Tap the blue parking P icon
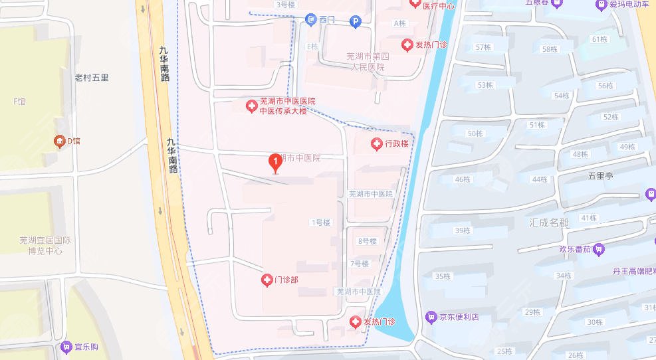(x=356, y=22)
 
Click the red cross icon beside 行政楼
(x=376, y=143)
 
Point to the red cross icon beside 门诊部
(x=267, y=280)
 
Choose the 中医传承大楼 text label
(x=282, y=111)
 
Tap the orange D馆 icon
(x=60, y=141)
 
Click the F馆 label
(x=19, y=102)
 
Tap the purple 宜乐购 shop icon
(x=65, y=347)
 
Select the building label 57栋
(x=483, y=47)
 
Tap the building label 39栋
(x=462, y=230)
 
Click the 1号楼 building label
(x=320, y=223)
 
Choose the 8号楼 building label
(x=367, y=241)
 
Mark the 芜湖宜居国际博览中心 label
(x=45, y=246)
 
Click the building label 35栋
(x=442, y=276)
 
